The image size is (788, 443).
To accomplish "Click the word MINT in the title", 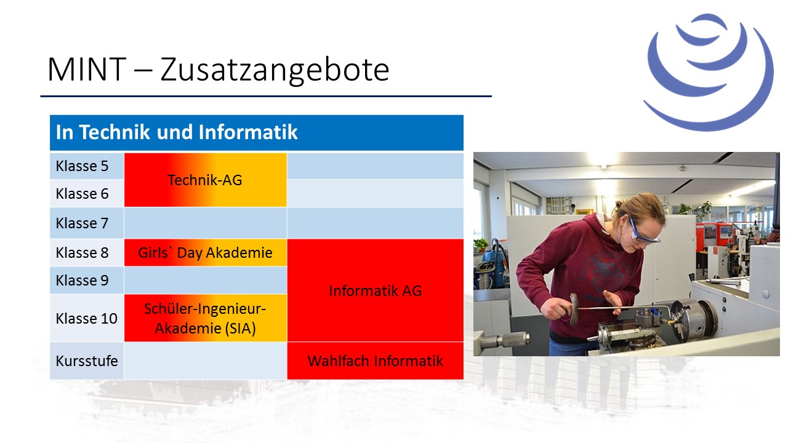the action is coord(87,70).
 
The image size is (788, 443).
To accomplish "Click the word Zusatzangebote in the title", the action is coord(275,70).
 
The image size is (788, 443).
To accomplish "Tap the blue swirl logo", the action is coord(708,72).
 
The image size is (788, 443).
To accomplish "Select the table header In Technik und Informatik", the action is coord(177,132).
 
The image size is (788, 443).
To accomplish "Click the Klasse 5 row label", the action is coord(82,166).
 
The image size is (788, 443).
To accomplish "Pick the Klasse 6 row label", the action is coord(82,193).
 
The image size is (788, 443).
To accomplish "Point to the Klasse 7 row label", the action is coord(82,223).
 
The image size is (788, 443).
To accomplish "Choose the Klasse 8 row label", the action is coord(82,252).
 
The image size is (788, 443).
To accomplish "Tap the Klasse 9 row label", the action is coord(82,280).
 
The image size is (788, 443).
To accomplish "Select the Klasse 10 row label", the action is coord(86,319).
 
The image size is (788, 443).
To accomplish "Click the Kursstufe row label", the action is coord(87,361).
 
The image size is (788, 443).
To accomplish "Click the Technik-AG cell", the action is coord(206,180).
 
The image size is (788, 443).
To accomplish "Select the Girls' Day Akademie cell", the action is coord(206,252).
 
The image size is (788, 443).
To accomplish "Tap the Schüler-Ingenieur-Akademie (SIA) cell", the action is coord(206,318).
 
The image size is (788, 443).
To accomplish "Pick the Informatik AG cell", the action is coord(376,290).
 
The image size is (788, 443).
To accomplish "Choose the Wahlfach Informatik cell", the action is coord(376,361).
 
